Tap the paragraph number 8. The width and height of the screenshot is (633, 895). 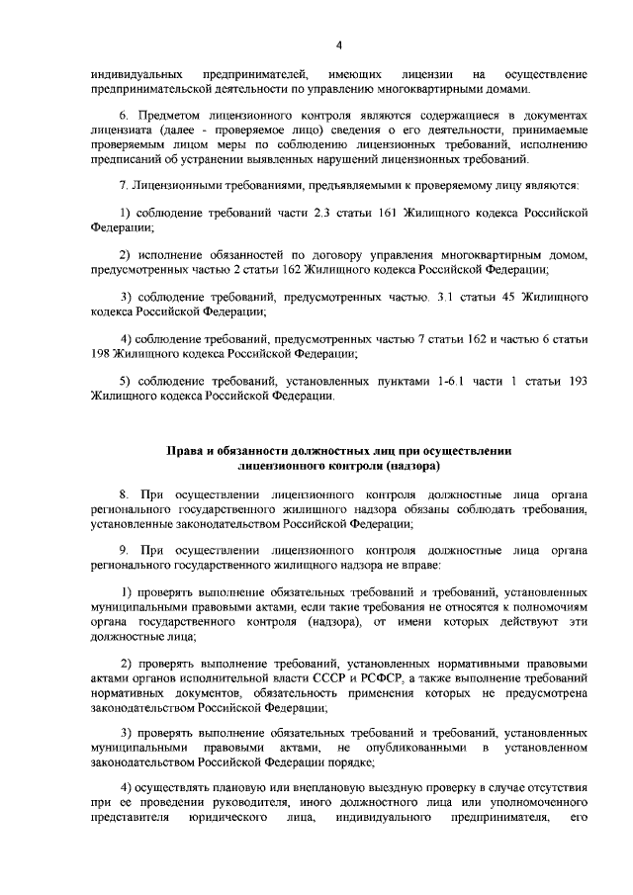[x=124, y=493]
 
